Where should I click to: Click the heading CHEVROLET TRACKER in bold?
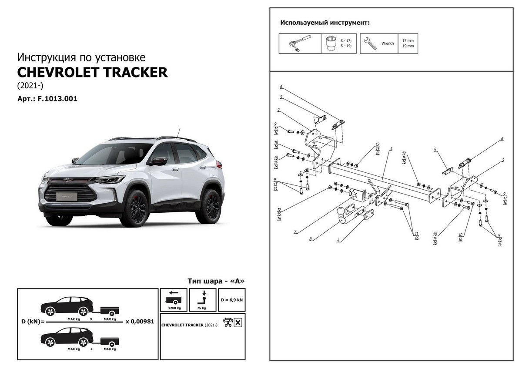click(x=92, y=72)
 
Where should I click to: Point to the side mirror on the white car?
click(x=157, y=161)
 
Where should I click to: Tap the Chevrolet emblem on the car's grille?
click(x=68, y=179)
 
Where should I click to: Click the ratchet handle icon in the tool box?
click(x=299, y=43)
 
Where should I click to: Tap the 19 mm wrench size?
click(x=408, y=46)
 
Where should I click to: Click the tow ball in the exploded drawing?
click(x=341, y=212)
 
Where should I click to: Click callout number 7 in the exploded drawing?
click(x=295, y=232)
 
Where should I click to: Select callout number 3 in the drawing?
click(x=503, y=160)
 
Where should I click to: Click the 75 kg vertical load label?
click(x=201, y=308)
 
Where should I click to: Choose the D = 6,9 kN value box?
click(x=232, y=300)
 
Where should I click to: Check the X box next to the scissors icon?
click(x=238, y=322)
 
